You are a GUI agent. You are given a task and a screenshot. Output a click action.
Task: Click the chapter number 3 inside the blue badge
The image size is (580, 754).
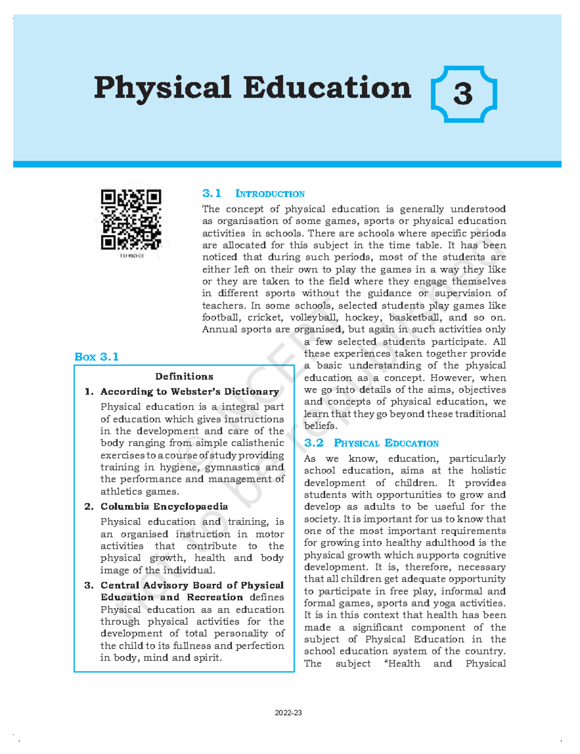coord(463,94)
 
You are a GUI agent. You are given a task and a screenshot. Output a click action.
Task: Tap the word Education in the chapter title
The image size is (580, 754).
coord(327,88)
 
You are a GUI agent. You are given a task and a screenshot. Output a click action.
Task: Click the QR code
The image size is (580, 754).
coord(131,219)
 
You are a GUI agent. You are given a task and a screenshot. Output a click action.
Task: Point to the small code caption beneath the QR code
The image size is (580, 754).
coord(131,256)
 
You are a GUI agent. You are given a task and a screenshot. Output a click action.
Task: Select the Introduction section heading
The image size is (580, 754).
coord(270,194)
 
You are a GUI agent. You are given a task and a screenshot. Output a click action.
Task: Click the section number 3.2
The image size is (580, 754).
coord(314,443)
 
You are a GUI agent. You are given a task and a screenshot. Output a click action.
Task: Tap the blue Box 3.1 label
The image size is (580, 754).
coord(97,357)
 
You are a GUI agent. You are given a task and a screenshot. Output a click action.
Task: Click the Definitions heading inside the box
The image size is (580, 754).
coord(184,377)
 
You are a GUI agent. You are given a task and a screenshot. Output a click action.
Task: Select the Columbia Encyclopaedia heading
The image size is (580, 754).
coord(164,507)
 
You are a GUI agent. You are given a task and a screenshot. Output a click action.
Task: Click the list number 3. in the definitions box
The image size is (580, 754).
coord(89,585)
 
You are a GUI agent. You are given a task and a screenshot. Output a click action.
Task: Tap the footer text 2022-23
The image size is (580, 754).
coord(288,713)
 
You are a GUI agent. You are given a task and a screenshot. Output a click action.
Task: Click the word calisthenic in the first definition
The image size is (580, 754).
coord(258,443)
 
